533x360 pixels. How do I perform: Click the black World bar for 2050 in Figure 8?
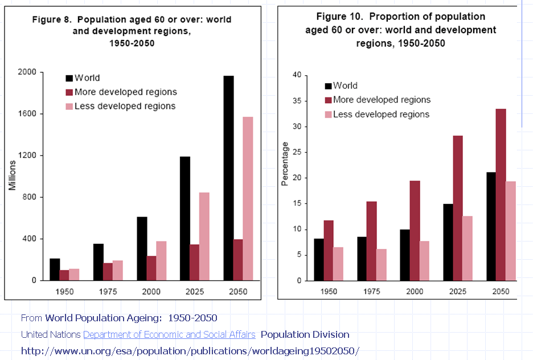point(228,178)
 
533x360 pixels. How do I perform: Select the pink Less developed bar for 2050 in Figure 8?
point(248,198)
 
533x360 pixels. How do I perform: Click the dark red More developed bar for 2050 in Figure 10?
point(501,194)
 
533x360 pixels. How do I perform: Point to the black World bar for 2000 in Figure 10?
point(404,255)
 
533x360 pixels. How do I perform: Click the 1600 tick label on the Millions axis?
point(27,114)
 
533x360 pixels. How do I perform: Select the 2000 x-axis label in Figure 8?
point(151,292)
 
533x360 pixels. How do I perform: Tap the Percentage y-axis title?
point(285,167)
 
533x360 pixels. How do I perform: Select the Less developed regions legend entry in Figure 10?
point(381,114)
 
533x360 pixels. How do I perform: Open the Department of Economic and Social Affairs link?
point(169,334)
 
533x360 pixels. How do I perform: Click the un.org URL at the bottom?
point(190,351)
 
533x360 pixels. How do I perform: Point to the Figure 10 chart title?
point(400,30)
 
